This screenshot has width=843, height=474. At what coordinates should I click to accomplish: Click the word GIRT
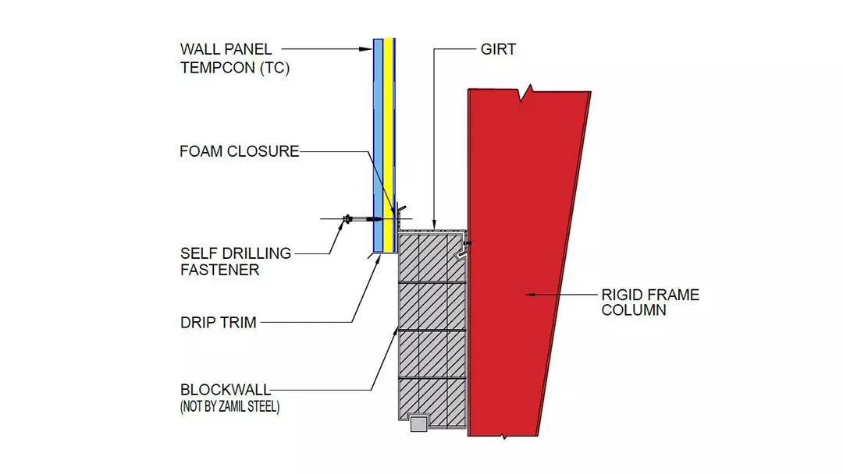498,49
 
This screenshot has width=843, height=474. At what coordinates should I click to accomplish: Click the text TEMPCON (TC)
235,68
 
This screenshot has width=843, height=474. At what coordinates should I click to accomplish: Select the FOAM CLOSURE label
239,151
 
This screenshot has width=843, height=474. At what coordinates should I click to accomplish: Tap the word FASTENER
219,270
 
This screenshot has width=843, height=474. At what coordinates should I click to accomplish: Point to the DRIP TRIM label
218,322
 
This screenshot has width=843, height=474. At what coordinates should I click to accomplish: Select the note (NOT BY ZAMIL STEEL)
229,406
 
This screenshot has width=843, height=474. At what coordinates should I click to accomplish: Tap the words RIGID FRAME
650,295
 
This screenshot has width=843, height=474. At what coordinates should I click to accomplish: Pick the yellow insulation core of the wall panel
389,140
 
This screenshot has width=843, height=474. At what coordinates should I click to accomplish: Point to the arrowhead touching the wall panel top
368,49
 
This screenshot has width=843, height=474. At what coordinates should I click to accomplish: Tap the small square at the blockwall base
418,423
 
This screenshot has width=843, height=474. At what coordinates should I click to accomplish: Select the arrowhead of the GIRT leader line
434,225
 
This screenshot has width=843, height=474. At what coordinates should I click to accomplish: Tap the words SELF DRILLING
235,253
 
